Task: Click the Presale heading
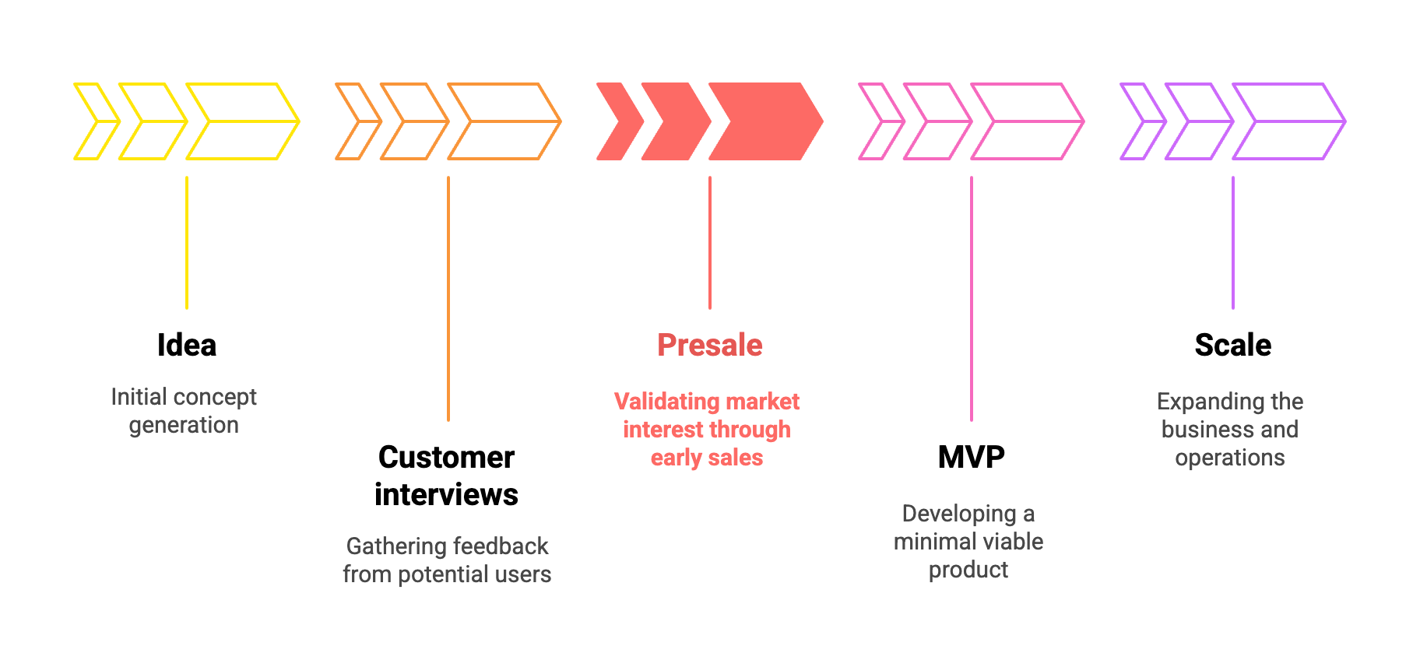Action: point(709,345)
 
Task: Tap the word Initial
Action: point(138,397)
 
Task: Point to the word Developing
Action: point(958,514)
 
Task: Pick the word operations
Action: point(1229,458)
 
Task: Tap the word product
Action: point(968,570)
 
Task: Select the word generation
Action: point(184,425)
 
